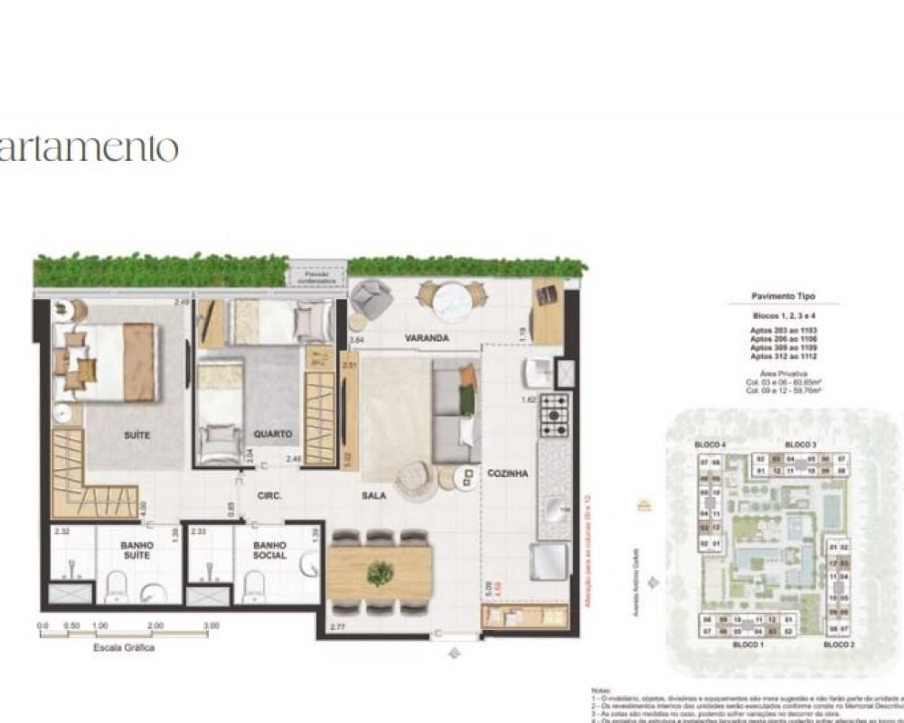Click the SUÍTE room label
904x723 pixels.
point(137,436)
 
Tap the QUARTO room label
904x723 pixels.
point(272,434)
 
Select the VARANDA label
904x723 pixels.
point(428,338)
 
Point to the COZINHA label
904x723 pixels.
point(506,473)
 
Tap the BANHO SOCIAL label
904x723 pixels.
point(269,550)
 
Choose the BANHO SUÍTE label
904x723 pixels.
point(137,550)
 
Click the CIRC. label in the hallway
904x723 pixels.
point(268,495)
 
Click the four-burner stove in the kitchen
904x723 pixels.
point(554,415)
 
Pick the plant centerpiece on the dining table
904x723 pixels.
point(381,573)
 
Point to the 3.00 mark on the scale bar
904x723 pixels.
point(211,625)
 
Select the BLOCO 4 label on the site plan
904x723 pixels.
point(710,446)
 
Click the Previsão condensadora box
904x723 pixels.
point(317,277)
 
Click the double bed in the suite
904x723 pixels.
point(107,362)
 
